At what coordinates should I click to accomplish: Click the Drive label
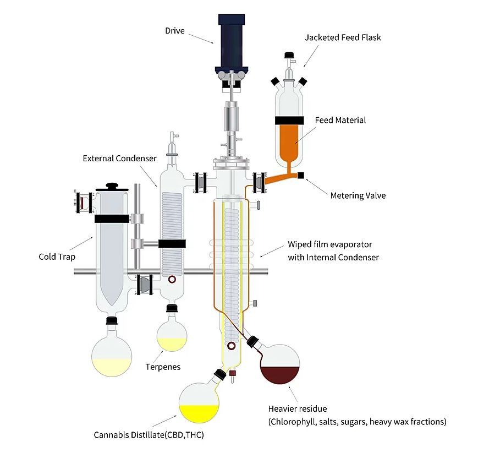(174, 30)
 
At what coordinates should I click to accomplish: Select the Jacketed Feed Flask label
(343, 37)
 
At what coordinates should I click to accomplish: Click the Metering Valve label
(358, 195)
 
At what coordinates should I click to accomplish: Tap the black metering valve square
(301, 176)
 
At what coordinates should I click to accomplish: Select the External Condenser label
(119, 159)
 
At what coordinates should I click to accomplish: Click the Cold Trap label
(56, 257)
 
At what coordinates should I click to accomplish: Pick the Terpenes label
(163, 367)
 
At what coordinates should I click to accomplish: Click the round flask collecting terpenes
(172, 335)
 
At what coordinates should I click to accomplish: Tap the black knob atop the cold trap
(113, 187)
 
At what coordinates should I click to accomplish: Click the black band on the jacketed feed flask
(290, 121)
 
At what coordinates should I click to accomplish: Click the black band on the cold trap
(111, 219)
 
